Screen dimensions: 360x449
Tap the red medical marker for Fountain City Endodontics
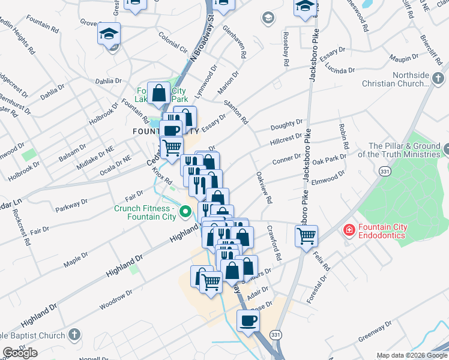coord(348,230)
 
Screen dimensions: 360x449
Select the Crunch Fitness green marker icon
coord(185,211)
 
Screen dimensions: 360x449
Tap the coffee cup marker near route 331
coord(247,321)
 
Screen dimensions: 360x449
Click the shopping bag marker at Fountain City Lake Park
coord(159,94)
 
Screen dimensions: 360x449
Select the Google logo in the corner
coord(20,353)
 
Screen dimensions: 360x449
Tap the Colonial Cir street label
coord(173,40)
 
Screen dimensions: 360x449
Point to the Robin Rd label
coord(344,136)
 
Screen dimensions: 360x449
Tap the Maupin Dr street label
coord(404,58)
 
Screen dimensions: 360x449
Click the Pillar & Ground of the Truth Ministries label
coord(404,150)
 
